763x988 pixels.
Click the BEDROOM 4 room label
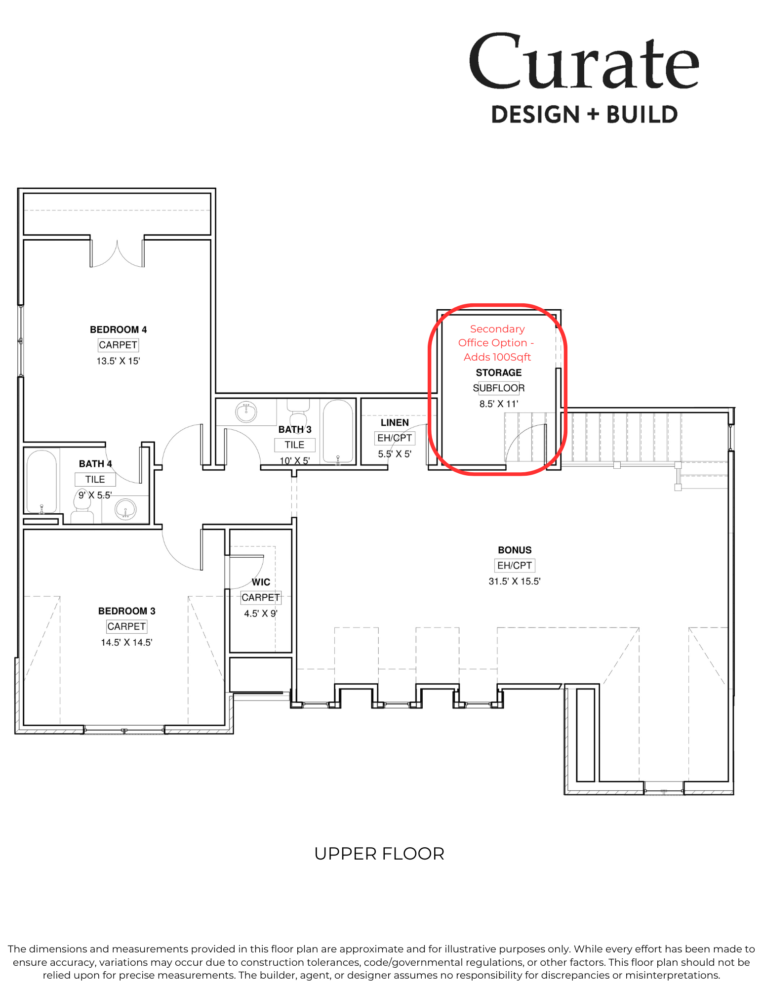coord(118,329)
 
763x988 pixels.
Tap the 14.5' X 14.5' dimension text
coord(126,642)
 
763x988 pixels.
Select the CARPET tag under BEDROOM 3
coord(126,626)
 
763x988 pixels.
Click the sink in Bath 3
coord(246,412)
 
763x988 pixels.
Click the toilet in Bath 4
coord(81,506)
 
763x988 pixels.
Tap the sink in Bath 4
coord(125,509)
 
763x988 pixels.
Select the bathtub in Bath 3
coord(338,431)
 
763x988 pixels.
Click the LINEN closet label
coord(395,422)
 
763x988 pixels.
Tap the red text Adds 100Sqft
coord(497,357)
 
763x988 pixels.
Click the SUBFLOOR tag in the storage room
coord(498,388)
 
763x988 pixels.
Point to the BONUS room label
coord(515,550)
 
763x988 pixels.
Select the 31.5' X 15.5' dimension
coord(515,581)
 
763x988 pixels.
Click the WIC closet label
coord(261,582)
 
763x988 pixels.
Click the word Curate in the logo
coord(584,62)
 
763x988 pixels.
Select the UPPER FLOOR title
coord(379,854)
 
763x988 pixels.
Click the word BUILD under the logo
coord(642,115)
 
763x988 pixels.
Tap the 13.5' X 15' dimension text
coord(118,361)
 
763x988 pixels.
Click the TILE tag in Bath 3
coord(294,445)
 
